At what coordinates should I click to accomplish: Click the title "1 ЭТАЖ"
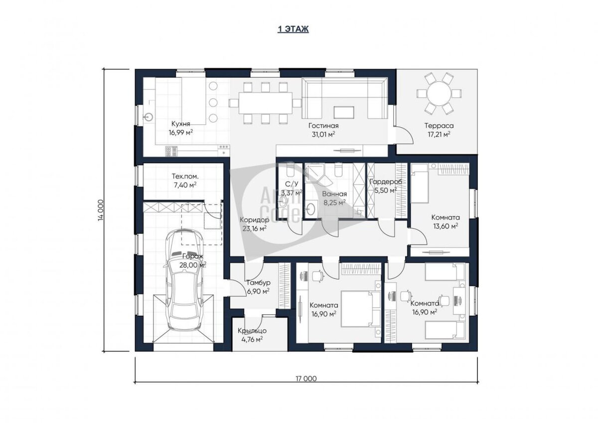tap(293, 29)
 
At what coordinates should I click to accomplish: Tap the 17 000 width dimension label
tap(306, 379)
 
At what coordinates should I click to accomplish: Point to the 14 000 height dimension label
tap(101, 210)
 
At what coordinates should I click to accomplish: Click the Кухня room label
tap(181, 124)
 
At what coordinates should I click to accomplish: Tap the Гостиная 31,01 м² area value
tap(323, 134)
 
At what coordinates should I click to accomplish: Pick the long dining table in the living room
tap(265, 103)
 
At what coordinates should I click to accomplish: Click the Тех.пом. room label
tap(185, 177)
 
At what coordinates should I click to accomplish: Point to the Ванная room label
tap(334, 194)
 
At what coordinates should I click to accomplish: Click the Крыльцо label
tap(252, 331)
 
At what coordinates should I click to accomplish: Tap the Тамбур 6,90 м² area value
tap(258, 291)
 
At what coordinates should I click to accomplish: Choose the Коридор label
tap(255, 220)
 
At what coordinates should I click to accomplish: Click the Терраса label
tap(439, 126)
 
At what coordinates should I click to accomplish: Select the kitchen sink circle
tap(149, 117)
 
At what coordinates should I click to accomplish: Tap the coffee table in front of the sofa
tap(344, 112)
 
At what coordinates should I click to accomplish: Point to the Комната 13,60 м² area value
tap(446, 226)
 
